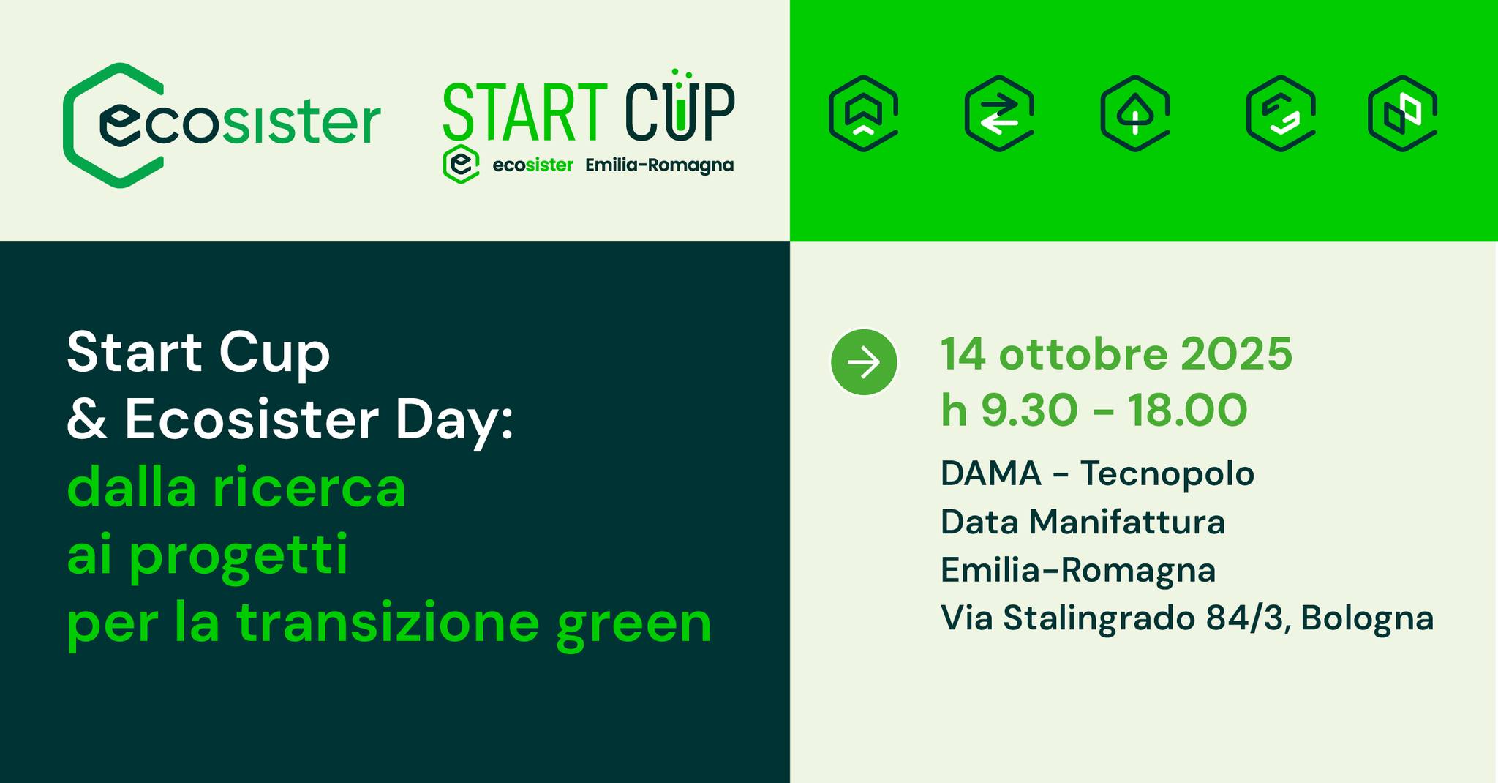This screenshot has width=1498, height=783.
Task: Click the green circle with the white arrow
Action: [x=864, y=362]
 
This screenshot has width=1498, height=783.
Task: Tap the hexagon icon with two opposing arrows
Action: [x=999, y=113]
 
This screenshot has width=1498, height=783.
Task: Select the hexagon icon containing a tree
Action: [x=1135, y=113]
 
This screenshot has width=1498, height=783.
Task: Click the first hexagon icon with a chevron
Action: [x=864, y=113]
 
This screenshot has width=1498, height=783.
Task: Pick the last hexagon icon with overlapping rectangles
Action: [x=1403, y=113]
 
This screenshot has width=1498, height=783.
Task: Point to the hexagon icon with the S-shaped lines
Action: [x=1281, y=113]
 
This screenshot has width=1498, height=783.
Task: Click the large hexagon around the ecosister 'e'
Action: [x=67, y=125]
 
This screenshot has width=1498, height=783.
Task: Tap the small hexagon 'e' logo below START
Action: [x=461, y=164]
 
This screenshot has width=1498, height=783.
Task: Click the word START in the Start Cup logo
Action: [x=525, y=112]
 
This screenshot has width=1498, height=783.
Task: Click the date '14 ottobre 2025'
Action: [x=1117, y=354]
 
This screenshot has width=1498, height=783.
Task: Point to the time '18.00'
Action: [x=1187, y=410]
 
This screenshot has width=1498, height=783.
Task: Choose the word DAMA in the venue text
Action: [x=991, y=473]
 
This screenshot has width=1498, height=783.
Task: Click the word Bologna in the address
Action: [x=1367, y=619]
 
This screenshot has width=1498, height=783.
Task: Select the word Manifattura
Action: [x=1127, y=522]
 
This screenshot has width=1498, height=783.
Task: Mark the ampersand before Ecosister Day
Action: [x=87, y=420]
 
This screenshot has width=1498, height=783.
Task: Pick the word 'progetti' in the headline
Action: [x=238, y=558]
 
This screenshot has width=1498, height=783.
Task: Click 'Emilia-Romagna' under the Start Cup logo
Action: [x=659, y=165]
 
